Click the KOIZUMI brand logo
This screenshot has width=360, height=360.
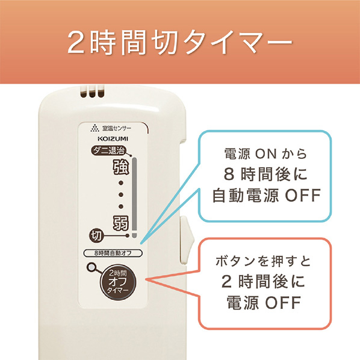(x=113, y=138)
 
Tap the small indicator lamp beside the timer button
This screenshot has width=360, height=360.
(x=92, y=267)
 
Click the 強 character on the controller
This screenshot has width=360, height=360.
(x=121, y=167)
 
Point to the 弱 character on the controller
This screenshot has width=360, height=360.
(x=121, y=223)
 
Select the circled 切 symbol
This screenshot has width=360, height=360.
(x=96, y=235)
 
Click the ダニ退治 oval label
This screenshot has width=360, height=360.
(x=108, y=151)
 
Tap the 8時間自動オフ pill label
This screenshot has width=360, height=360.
(x=113, y=253)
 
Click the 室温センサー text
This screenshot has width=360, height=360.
(x=117, y=128)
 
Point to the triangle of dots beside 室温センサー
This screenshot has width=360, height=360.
(x=95, y=128)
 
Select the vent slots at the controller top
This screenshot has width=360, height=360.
(x=92, y=92)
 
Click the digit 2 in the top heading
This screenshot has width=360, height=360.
(x=76, y=43)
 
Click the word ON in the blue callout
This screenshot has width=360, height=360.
(x=266, y=154)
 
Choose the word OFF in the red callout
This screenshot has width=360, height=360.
(x=283, y=303)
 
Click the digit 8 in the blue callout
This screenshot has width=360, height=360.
(x=229, y=174)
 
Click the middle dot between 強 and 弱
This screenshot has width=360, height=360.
(x=121, y=194)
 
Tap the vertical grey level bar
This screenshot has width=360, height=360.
(x=134, y=197)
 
